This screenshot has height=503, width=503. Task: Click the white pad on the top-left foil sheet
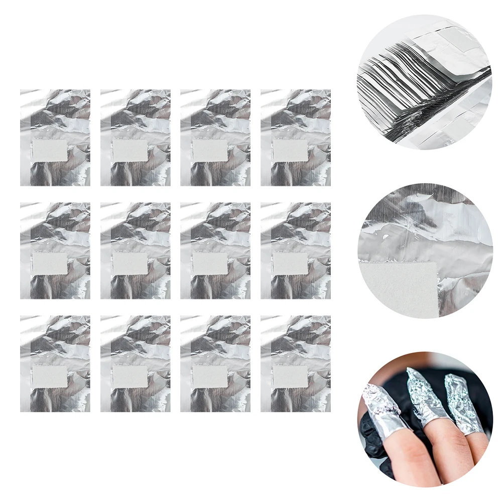(50, 151)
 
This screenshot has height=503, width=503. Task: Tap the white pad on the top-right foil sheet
(290, 151)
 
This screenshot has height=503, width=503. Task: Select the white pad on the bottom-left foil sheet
(50, 376)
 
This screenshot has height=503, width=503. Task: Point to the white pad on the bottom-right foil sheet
(290, 376)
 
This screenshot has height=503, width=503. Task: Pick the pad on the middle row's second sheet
(130, 264)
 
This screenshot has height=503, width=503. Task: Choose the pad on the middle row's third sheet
(210, 264)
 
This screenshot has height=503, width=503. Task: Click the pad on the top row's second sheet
(130, 151)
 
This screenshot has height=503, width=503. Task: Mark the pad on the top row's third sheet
(210, 151)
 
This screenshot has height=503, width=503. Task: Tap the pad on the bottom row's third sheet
(210, 376)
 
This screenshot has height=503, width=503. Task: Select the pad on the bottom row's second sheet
(130, 376)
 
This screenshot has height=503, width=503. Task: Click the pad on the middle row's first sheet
(50, 264)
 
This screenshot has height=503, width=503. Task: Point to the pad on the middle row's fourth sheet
(290, 264)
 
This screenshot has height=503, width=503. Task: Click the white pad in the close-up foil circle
(397, 289)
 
